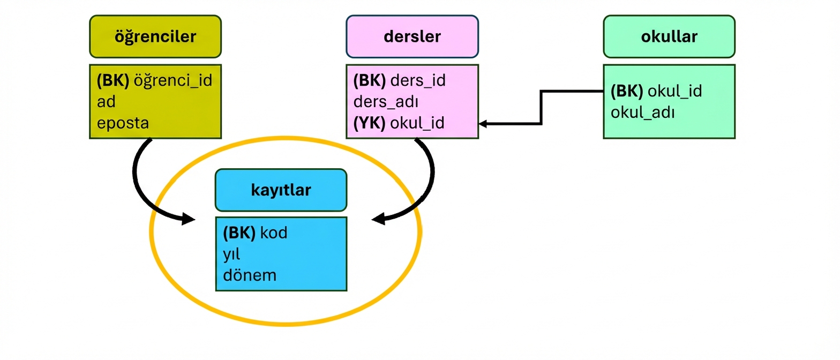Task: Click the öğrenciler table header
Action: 155,36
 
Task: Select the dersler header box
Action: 412,36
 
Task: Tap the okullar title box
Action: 669,36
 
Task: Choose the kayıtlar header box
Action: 281,190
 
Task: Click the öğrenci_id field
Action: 172,81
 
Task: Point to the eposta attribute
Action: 123,123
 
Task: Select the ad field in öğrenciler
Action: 106,102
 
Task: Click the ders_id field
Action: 418,81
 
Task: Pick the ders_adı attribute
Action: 386,102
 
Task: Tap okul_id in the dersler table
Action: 418,123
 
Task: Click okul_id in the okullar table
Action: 674,92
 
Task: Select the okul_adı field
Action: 642,112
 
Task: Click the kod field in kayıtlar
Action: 273,233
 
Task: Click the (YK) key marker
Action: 369,123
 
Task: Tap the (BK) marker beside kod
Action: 239,233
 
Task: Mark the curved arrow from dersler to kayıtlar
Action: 429,182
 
